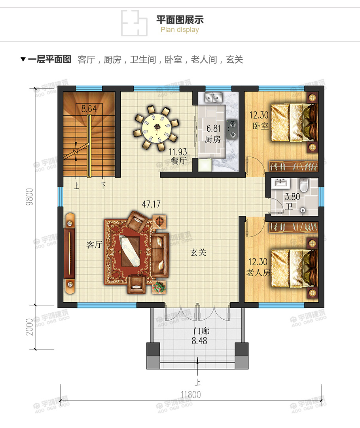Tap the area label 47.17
[152, 204]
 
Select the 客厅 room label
[95, 245]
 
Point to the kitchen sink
[214, 97]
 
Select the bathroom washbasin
[282, 183]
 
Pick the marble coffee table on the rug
[131, 251]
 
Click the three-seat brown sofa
[160, 255]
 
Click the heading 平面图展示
[180, 20]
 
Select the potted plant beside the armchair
[159, 287]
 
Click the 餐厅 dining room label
[178, 161]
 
